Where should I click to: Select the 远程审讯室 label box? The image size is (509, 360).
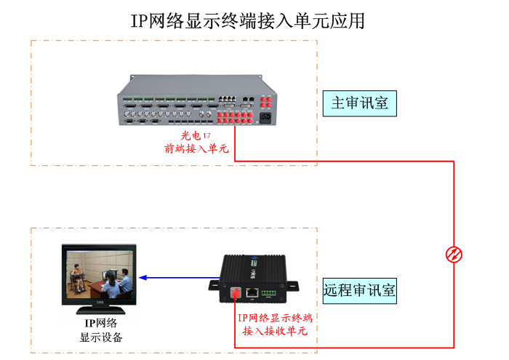coord(360,291)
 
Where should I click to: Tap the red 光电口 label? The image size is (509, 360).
coord(196,136)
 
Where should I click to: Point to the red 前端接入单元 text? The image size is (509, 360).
coord(196,149)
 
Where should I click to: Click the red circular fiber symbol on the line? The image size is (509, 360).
coord(454,255)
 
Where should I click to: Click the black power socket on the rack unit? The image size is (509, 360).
coord(262,119)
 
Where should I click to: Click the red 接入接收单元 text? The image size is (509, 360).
coord(276,331)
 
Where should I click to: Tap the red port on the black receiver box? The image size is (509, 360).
coord(235,292)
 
